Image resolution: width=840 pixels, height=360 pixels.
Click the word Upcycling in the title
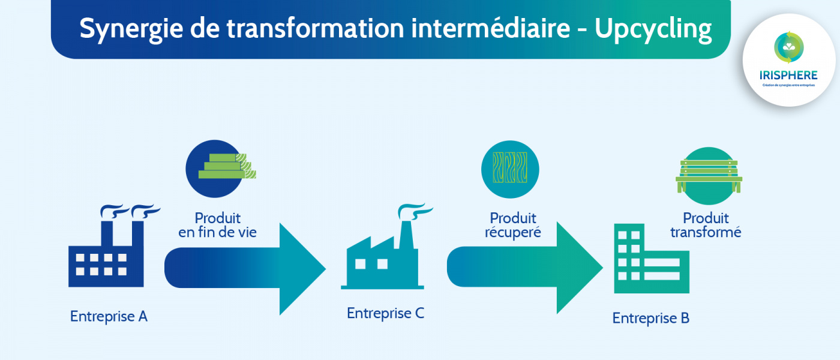pyautogui.click(x=653, y=29)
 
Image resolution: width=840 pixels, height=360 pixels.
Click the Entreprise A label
pyautogui.click(x=109, y=316)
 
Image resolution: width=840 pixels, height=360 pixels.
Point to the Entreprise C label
pyautogui.click(x=385, y=313)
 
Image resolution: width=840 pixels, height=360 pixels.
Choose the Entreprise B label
pyautogui.click(x=650, y=318)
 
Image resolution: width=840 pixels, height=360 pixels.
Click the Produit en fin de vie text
pyautogui.click(x=217, y=225)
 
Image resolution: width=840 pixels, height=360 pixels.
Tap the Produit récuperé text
pyautogui.click(x=513, y=225)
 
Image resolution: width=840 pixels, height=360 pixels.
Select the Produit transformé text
pyautogui.click(x=706, y=225)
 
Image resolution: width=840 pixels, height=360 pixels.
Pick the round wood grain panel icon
pyautogui.click(x=510, y=169)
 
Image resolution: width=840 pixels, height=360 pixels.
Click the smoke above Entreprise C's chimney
pyautogui.click(x=415, y=211)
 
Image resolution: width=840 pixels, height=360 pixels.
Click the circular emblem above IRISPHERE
pyautogui.click(x=789, y=48)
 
